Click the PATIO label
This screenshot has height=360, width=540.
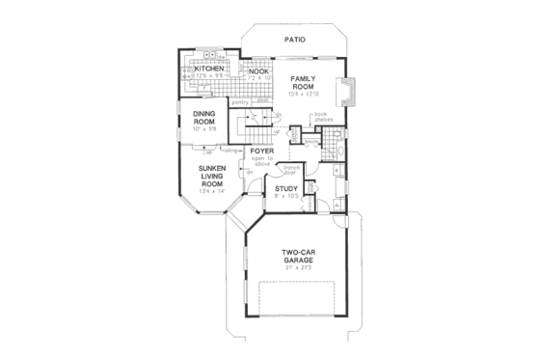(x=295, y=41)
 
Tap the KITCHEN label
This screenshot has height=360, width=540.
(x=209, y=69)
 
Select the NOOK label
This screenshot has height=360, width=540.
(x=257, y=70)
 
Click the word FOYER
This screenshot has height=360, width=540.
(x=262, y=152)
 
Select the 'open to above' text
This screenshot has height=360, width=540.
(x=262, y=162)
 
